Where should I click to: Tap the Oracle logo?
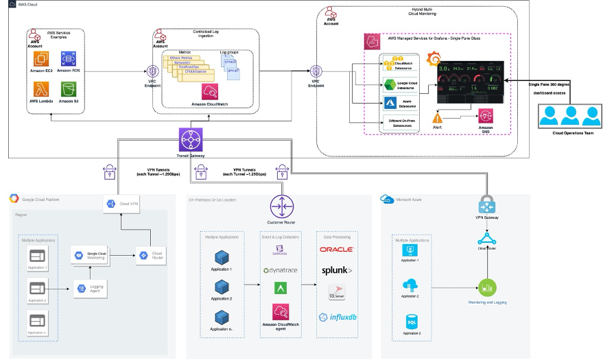337,250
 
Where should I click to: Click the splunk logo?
337,271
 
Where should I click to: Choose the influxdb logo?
337,317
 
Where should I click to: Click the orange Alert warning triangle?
436,117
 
